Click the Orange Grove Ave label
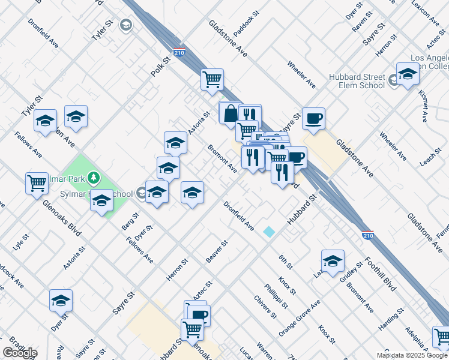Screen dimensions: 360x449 pos(300,323)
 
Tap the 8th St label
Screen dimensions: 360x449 pos(285,261)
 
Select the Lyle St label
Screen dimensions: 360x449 pos(20,242)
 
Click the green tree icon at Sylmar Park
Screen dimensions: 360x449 pos(92,178)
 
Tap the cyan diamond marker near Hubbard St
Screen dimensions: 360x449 pos(269,231)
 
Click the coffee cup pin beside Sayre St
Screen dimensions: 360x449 pos(313,119)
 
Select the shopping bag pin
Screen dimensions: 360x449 pos(230,113)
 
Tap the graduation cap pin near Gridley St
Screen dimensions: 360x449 pos(333,261)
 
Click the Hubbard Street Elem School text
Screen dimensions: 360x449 pos(357,81)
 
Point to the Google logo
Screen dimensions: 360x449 pos(20,353)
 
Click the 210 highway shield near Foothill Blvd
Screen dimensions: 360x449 pos(367,235)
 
